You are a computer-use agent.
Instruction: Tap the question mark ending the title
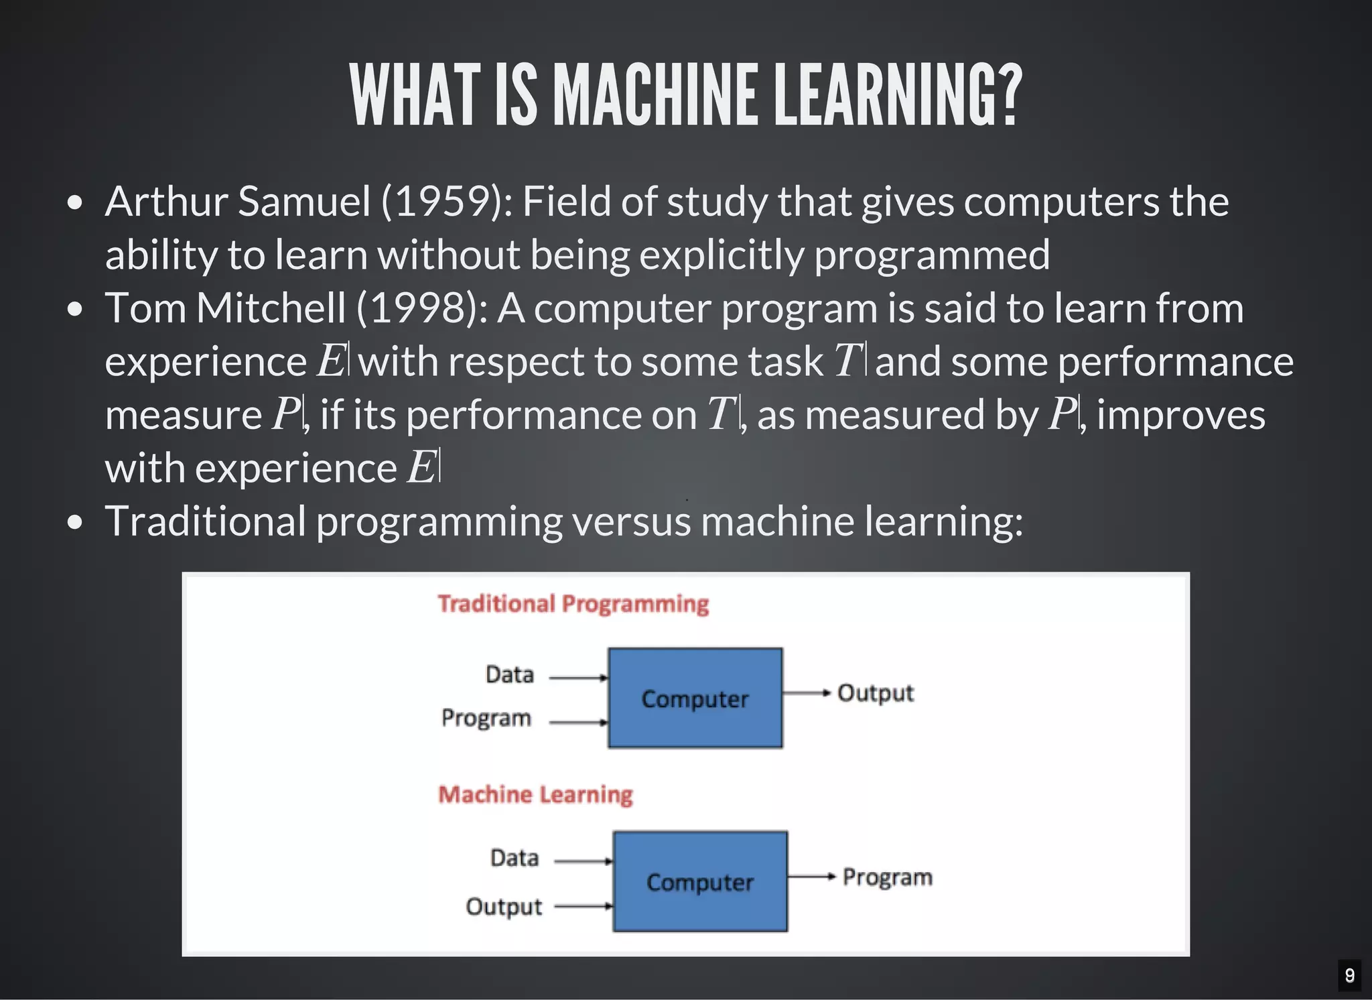(1006, 95)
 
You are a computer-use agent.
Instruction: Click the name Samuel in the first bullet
(303, 202)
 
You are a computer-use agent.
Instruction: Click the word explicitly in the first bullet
(721, 255)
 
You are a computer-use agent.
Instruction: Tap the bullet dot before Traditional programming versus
(75, 522)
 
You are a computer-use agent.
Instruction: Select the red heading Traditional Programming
(573, 604)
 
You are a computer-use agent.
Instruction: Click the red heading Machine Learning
(535, 795)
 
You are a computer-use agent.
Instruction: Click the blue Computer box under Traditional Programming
(695, 698)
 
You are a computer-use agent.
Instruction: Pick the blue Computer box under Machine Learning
(700, 881)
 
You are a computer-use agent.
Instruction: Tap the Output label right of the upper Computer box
(876, 693)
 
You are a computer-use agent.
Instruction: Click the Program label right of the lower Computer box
(887, 877)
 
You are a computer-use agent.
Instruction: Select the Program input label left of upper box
(486, 718)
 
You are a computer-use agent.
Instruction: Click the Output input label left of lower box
(504, 907)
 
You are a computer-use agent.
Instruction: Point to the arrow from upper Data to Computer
(577, 678)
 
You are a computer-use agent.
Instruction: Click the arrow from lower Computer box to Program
(811, 876)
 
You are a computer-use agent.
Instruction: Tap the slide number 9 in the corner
(1349, 975)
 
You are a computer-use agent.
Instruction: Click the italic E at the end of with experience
(421, 467)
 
